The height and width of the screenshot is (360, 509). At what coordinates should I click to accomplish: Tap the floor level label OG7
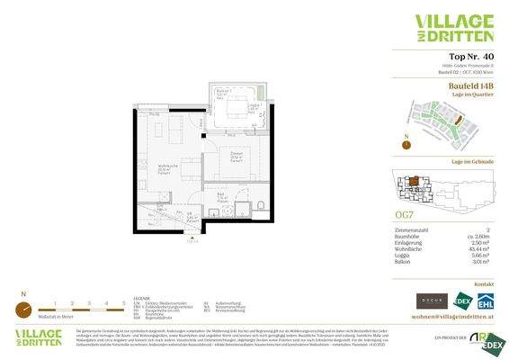405,214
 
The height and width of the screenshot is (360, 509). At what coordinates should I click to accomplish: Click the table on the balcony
237,109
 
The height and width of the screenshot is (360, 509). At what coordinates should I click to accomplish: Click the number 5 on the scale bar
121,303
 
